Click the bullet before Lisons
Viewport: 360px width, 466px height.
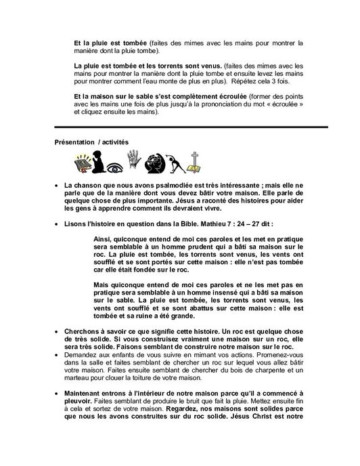[56, 222]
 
